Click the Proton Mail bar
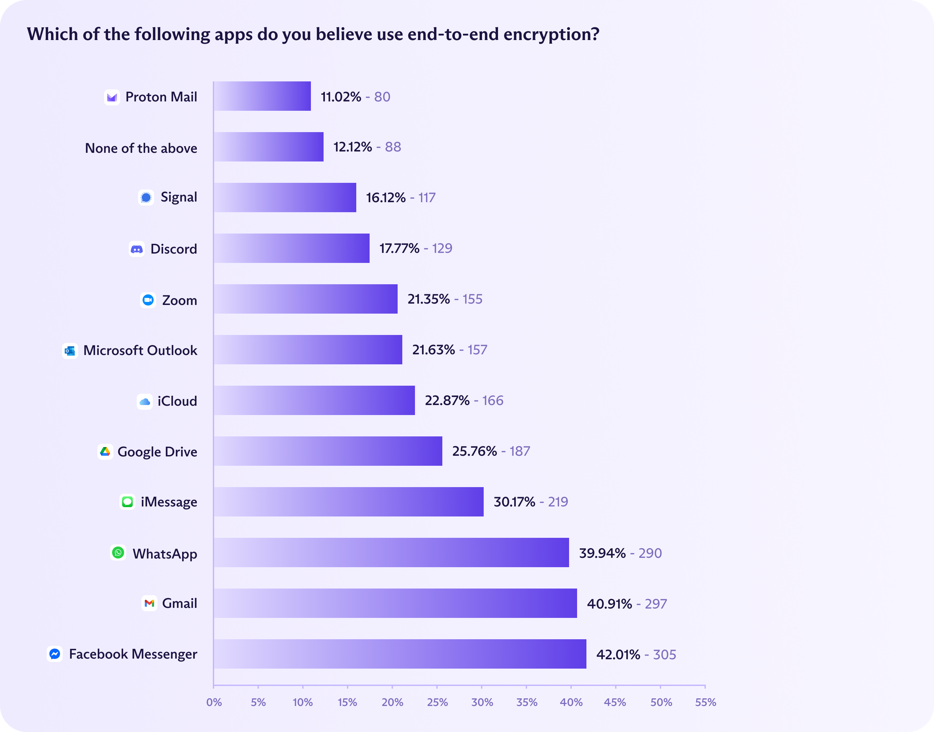coord(262,96)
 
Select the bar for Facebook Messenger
coord(400,654)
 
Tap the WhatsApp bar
coord(391,553)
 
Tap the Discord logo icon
coord(137,249)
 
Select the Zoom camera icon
coord(148,300)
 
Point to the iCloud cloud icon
coord(145,402)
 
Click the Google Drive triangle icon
coord(105,451)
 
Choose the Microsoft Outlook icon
coord(70,351)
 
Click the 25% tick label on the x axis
coord(437,702)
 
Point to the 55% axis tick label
coord(705,702)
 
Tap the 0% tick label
coord(214,702)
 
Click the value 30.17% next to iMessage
coord(514,501)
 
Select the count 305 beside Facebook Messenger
coord(664,654)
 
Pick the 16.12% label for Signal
coord(386,198)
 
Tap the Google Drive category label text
coord(157,452)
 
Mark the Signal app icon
coord(146,198)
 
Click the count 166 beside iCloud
coord(493,400)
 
